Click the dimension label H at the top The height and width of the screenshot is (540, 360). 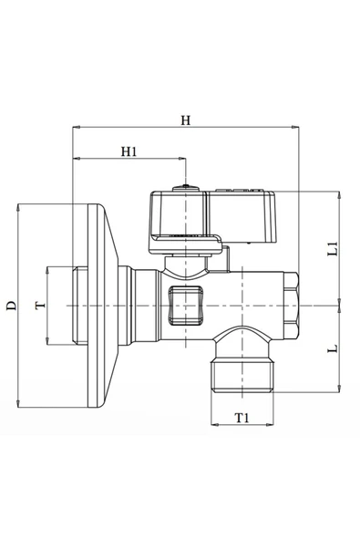pos(185,120)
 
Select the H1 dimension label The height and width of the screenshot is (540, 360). pos(129,151)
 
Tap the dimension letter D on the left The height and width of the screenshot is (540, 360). pos(10,305)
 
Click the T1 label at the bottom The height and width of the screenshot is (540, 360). pos(242,419)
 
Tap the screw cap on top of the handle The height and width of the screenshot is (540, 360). pos(186,192)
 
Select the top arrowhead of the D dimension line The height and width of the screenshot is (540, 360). pos(18,207)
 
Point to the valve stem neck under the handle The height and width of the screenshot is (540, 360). pos(186,263)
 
